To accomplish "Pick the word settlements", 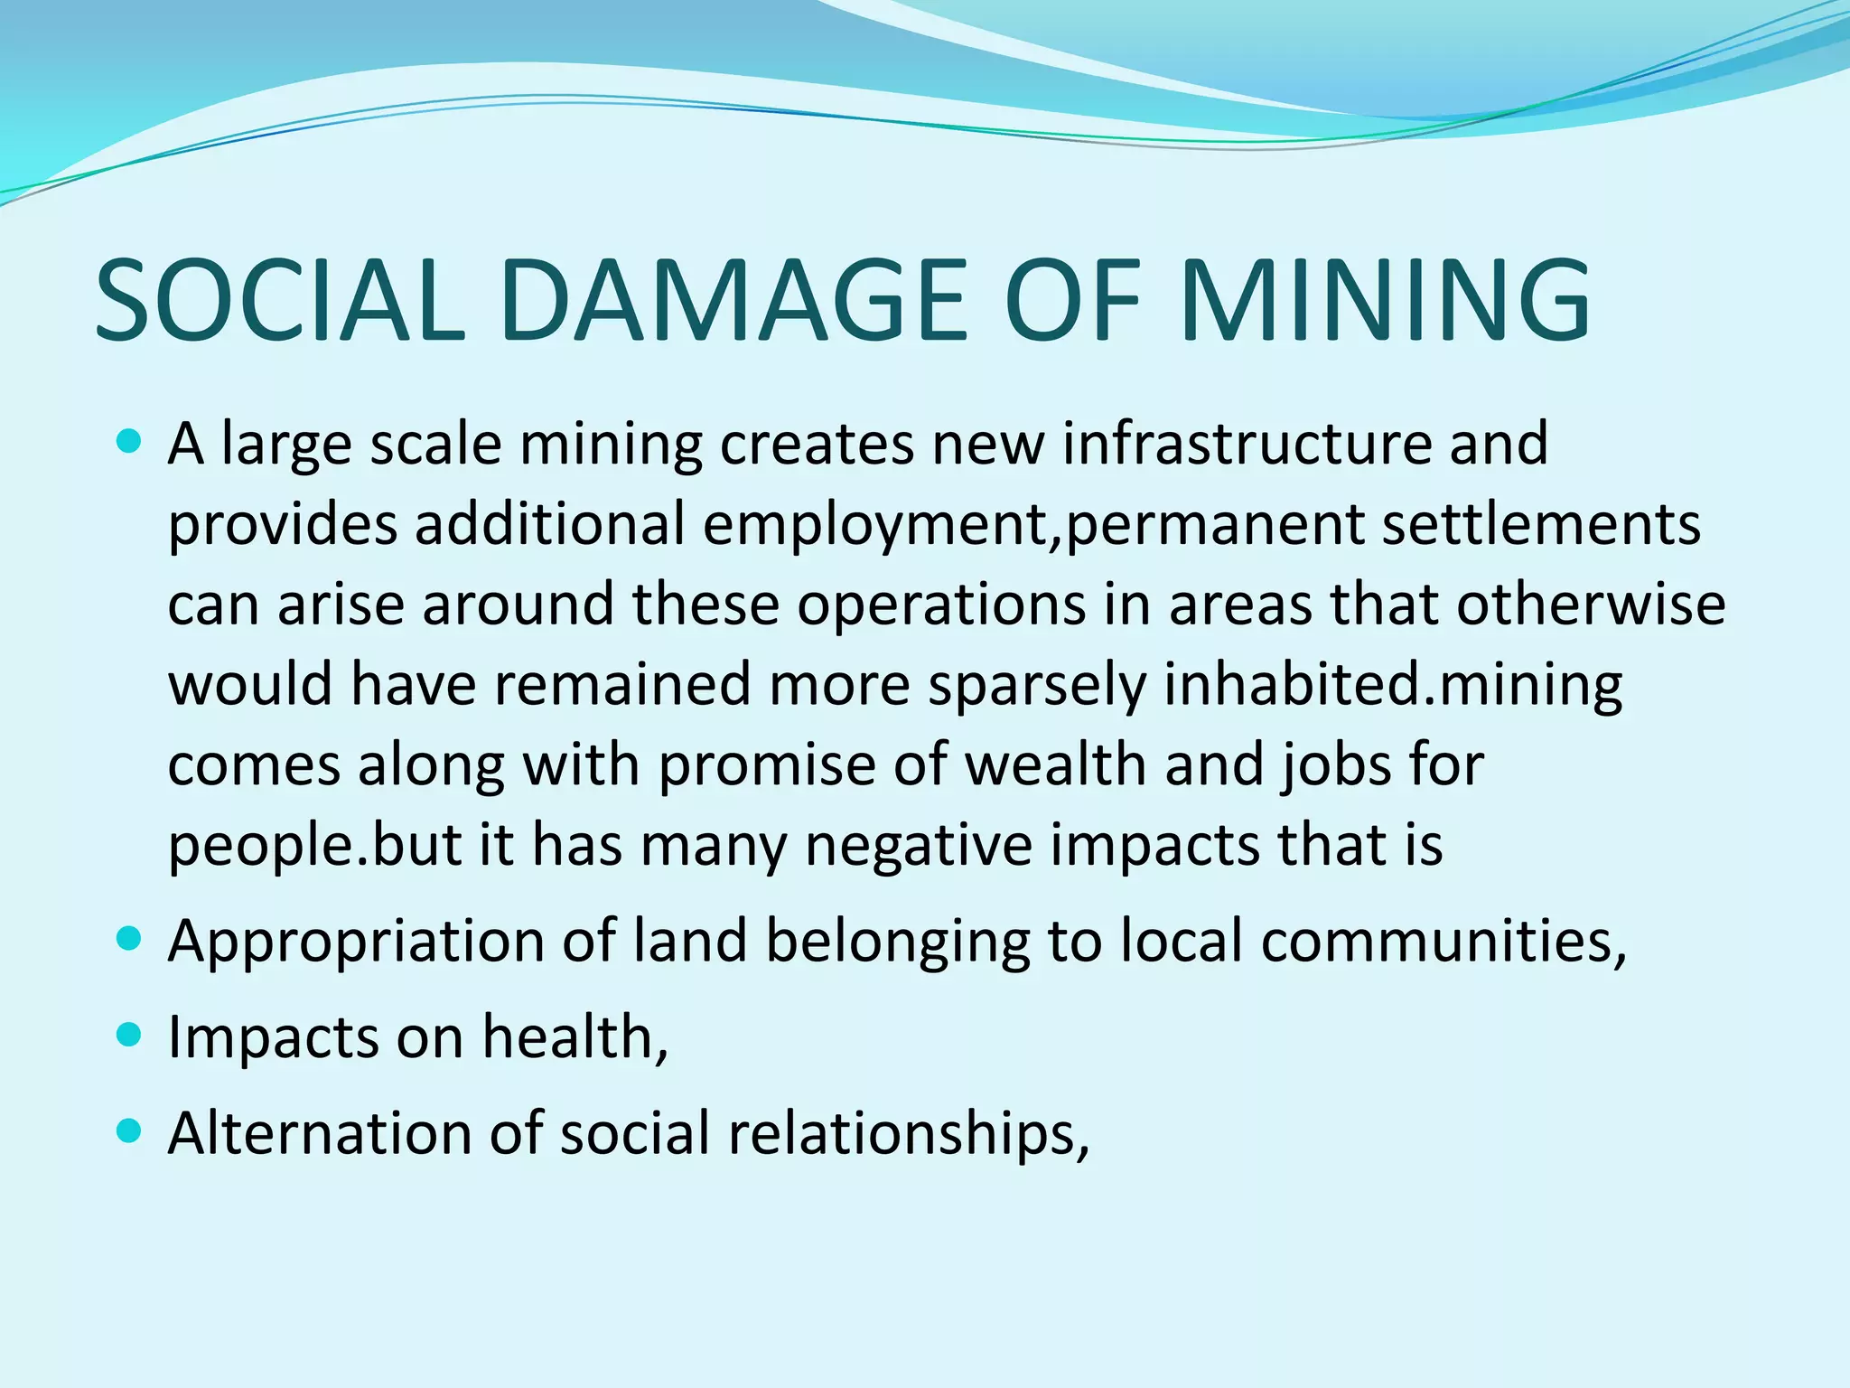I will point(1541,524).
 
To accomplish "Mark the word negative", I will point(918,845).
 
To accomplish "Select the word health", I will point(575,1036).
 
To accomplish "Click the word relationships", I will point(908,1133).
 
